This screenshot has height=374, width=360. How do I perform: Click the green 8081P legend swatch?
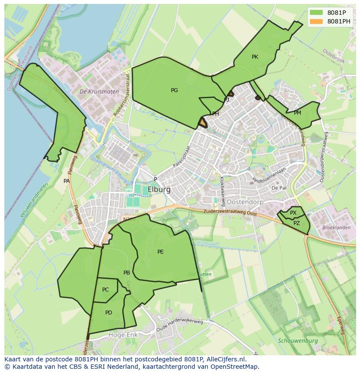tap(317, 13)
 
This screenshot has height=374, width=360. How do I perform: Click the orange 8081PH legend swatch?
tap(317, 21)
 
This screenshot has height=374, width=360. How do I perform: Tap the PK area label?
tap(255, 57)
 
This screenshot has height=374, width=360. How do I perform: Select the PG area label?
tap(174, 90)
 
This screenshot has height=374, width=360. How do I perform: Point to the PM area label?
tap(297, 113)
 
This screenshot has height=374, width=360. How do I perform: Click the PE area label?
tap(160, 252)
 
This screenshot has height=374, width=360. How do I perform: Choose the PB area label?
tap(127, 273)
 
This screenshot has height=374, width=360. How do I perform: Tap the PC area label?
tap(106, 290)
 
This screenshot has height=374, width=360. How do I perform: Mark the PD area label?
tap(109, 312)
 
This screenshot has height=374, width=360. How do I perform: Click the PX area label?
tap(293, 213)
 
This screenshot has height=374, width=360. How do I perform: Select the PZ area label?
tap(297, 223)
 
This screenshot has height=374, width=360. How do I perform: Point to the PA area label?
tap(67, 181)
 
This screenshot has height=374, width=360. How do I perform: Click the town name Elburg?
tap(159, 190)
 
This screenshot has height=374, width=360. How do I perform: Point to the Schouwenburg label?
tap(298, 341)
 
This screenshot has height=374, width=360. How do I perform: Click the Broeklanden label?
tap(336, 228)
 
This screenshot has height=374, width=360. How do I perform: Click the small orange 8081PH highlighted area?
tap(203, 123)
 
